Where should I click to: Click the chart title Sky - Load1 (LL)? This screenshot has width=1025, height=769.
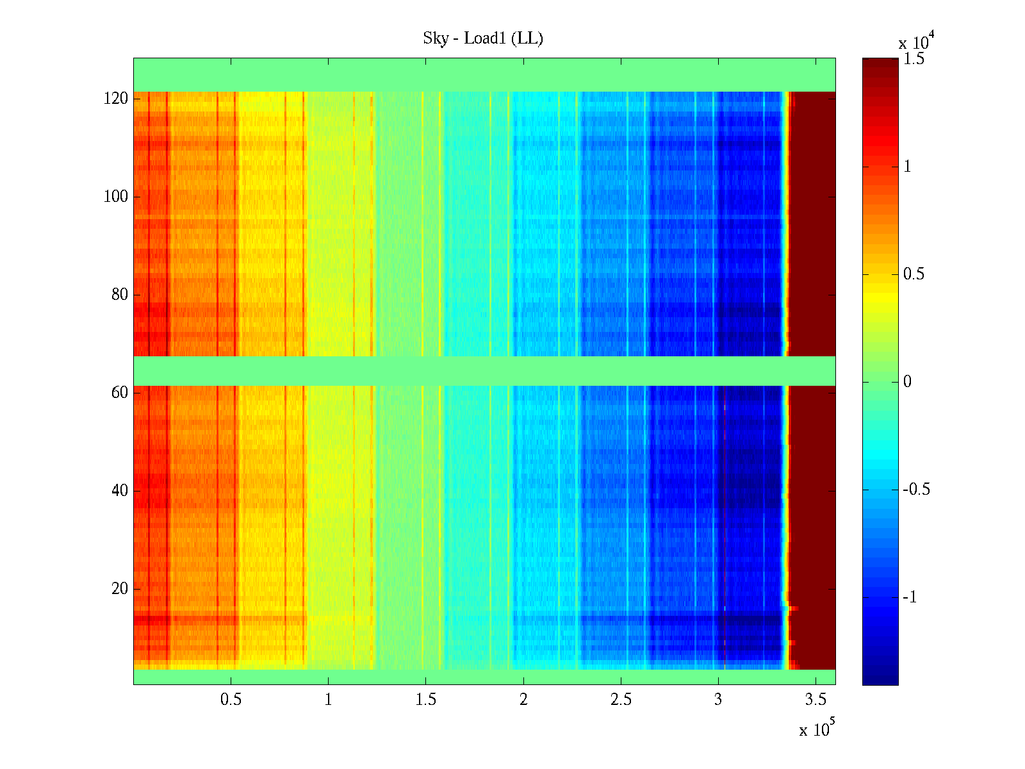[483, 38]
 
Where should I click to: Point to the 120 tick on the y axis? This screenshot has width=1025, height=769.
[116, 99]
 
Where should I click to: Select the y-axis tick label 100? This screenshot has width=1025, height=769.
[116, 197]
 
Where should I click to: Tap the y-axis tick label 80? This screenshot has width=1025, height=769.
[120, 295]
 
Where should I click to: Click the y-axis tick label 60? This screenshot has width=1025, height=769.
[120, 392]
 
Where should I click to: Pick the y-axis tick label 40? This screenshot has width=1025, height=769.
[120, 490]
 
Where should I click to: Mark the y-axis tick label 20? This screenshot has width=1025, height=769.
[120, 588]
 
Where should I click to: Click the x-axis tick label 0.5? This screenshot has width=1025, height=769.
[231, 700]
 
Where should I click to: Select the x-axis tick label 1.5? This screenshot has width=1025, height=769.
[425, 700]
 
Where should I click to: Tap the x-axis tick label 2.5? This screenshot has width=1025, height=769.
[621, 700]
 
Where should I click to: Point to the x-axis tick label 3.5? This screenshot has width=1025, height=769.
[816, 700]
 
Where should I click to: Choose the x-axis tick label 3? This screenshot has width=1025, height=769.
[718, 700]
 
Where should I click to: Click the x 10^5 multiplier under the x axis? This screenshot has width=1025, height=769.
[816, 729]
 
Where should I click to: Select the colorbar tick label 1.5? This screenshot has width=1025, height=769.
[914, 60]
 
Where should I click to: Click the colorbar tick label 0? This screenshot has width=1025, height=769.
[907, 382]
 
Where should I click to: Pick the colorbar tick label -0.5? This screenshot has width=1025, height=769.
[916, 490]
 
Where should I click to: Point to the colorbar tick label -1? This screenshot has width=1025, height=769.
[910, 597]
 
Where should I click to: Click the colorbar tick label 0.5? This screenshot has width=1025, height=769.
[914, 274]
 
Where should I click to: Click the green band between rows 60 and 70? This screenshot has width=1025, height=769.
[484, 370]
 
